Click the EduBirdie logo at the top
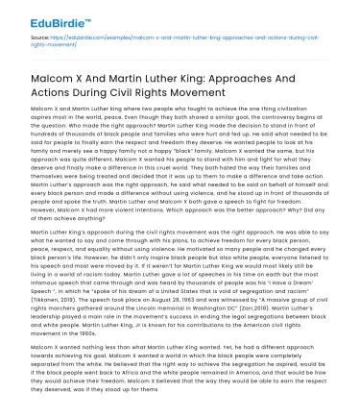pyautogui.click(x=42, y=16)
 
